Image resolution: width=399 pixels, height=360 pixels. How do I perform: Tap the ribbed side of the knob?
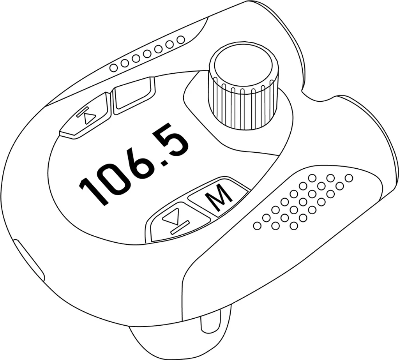(242, 102)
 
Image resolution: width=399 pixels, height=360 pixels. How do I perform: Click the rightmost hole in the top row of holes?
(180, 40)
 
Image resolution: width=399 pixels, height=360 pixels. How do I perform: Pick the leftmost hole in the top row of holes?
(113, 68)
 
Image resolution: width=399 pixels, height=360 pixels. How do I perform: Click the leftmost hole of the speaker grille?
(257, 226)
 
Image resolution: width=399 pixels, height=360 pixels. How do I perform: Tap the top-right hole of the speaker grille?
(350, 178)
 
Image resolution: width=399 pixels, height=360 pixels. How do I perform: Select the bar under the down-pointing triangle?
(180, 228)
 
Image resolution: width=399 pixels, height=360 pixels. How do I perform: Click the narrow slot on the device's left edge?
(29, 261)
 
